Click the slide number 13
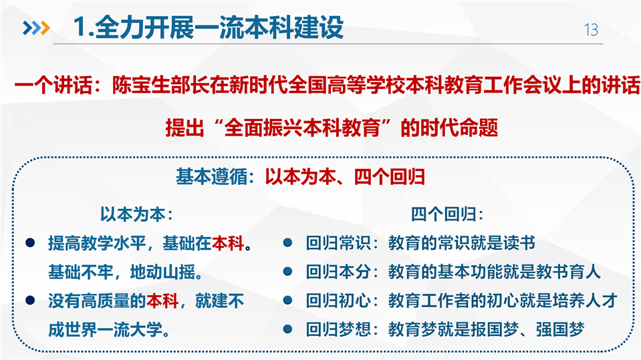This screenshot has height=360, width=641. point(591,30)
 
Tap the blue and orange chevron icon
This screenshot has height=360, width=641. point(36,28)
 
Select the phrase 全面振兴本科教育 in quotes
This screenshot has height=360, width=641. point(303,128)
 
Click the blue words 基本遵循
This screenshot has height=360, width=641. point(211,177)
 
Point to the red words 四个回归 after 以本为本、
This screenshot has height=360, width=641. point(390,177)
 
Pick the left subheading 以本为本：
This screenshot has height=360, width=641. point(137,214)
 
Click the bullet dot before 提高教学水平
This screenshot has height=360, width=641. point(30,242)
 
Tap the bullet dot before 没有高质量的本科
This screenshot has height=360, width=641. point(30,301)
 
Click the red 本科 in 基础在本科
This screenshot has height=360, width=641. point(228,243)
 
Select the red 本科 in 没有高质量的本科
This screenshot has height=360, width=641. point(162,301)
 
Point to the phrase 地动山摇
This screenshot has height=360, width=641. point(162,272)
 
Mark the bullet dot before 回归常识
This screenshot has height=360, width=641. point(288,242)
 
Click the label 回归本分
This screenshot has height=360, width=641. point(338,272)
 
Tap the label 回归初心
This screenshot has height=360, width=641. point(338,301)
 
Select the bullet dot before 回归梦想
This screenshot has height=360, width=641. point(288,329)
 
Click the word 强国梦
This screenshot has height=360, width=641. point(560,330)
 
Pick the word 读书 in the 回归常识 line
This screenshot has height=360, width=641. point(519,243)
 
